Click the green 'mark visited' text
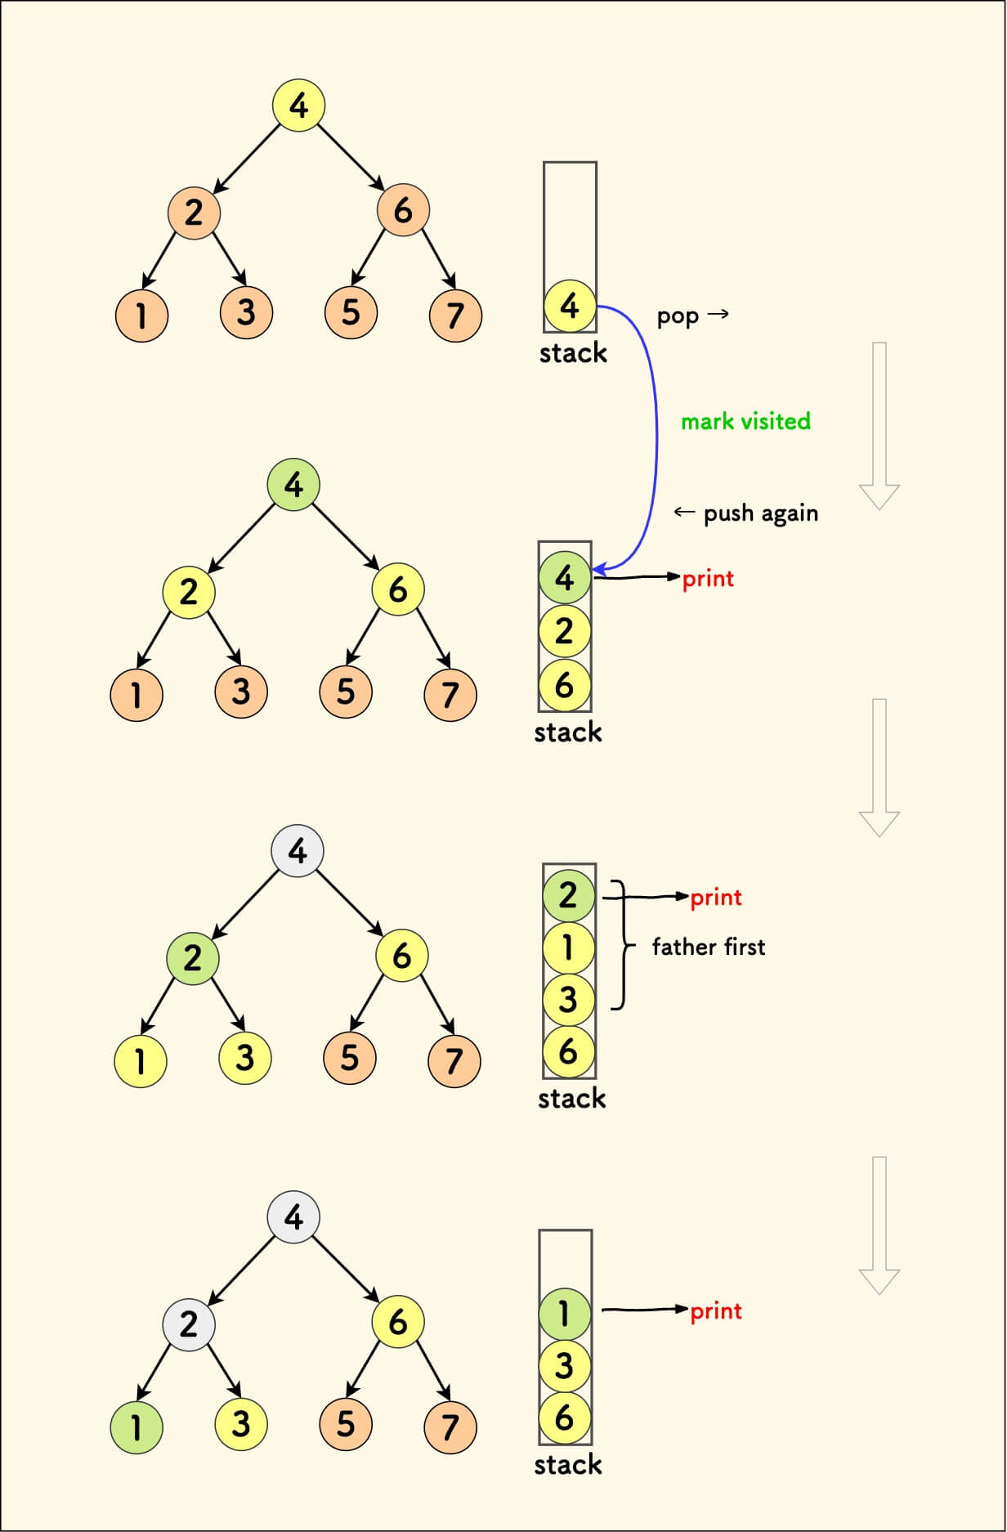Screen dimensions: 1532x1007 coord(745,421)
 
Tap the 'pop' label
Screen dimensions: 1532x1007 coord(678,316)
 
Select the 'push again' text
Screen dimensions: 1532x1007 coord(760,513)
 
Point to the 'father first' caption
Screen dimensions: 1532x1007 coord(709,947)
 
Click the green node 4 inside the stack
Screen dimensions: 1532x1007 coord(565,578)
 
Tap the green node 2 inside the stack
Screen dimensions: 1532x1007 coord(569,895)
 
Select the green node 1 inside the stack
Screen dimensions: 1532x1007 coord(565,1313)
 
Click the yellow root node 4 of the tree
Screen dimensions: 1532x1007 coord(298,105)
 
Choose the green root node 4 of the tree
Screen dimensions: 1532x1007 coord(293,485)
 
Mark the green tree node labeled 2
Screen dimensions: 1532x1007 coord(192,957)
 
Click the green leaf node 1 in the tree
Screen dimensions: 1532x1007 coord(137,1427)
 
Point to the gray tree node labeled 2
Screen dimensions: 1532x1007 coord(189,1324)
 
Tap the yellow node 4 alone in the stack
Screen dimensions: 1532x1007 coord(570,306)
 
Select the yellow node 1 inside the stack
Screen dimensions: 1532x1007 coord(569,947)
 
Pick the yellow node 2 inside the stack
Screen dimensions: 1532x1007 coord(565,631)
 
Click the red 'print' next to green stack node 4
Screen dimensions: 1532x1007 coord(708,579)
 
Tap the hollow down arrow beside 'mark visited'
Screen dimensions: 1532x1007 coord(879,426)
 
